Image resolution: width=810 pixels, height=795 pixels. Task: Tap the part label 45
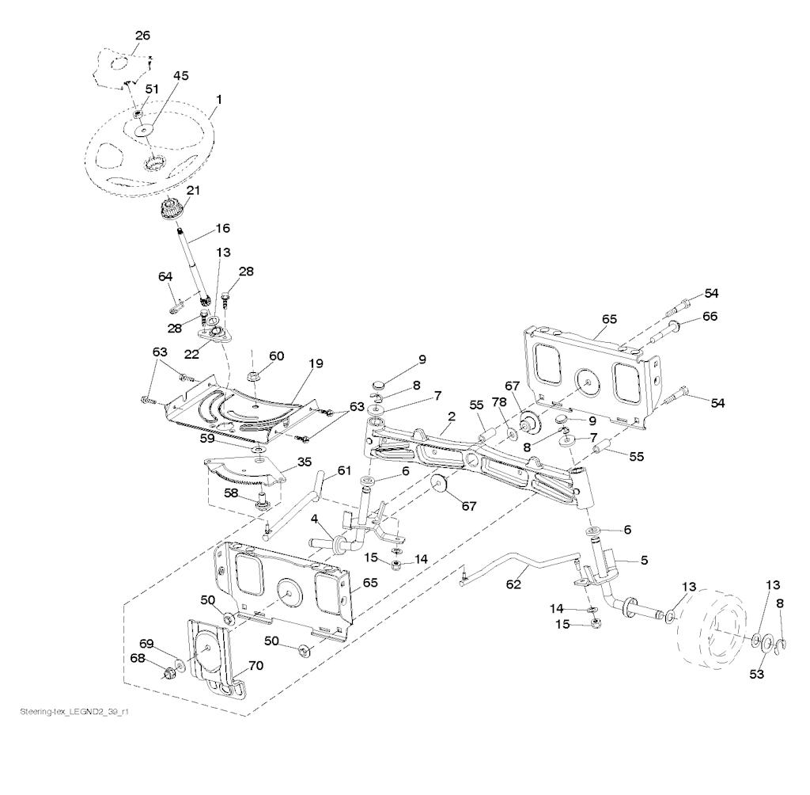tap(180, 76)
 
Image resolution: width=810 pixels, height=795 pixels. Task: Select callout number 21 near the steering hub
tap(193, 190)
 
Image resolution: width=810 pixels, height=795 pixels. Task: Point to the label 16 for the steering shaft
tap(221, 228)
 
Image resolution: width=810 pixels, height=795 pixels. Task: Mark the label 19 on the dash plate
tap(316, 364)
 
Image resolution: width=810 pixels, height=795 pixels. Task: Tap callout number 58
tap(231, 493)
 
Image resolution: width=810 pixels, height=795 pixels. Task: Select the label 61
tap(343, 470)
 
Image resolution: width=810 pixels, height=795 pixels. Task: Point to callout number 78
tap(501, 402)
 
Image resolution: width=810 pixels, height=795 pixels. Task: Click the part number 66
tap(709, 316)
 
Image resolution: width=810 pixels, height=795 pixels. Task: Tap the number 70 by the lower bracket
tap(255, 666)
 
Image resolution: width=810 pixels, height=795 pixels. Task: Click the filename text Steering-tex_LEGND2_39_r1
tap(74, 713)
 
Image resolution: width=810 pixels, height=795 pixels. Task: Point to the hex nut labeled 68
tap(168, 674)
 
